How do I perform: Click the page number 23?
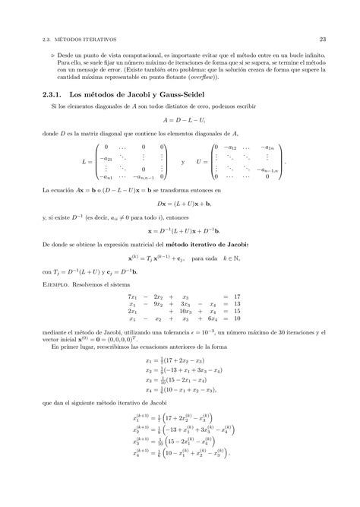click(x=322, y=39)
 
